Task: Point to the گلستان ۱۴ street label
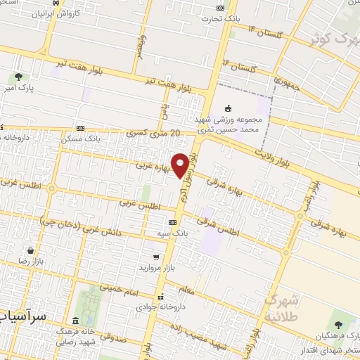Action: tap(261, 32)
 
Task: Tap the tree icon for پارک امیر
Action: tap(18, 77)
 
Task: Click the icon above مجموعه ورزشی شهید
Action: tap(227, 108)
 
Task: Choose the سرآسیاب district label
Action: tap(23, 316)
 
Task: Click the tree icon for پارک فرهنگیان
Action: tap(340, 323)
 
